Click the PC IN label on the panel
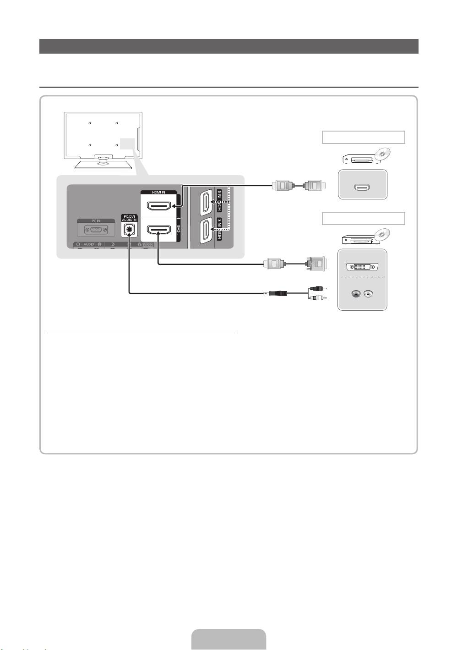click(x=96, y=220)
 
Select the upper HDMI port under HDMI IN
click(x=158, y=204)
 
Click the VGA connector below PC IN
click(x=96, y=230)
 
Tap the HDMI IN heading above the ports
click(x=158, y=193)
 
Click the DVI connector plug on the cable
click(x=316, y=264)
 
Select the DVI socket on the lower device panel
click(x=362, y=267)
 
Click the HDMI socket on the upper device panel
click(x=362, y=187)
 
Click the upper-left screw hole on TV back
click(x=90, y=123)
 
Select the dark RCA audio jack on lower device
click(x=356, y=294)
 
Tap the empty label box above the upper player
click(x=363, y=138)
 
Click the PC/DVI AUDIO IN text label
click(x=129, y=218)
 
